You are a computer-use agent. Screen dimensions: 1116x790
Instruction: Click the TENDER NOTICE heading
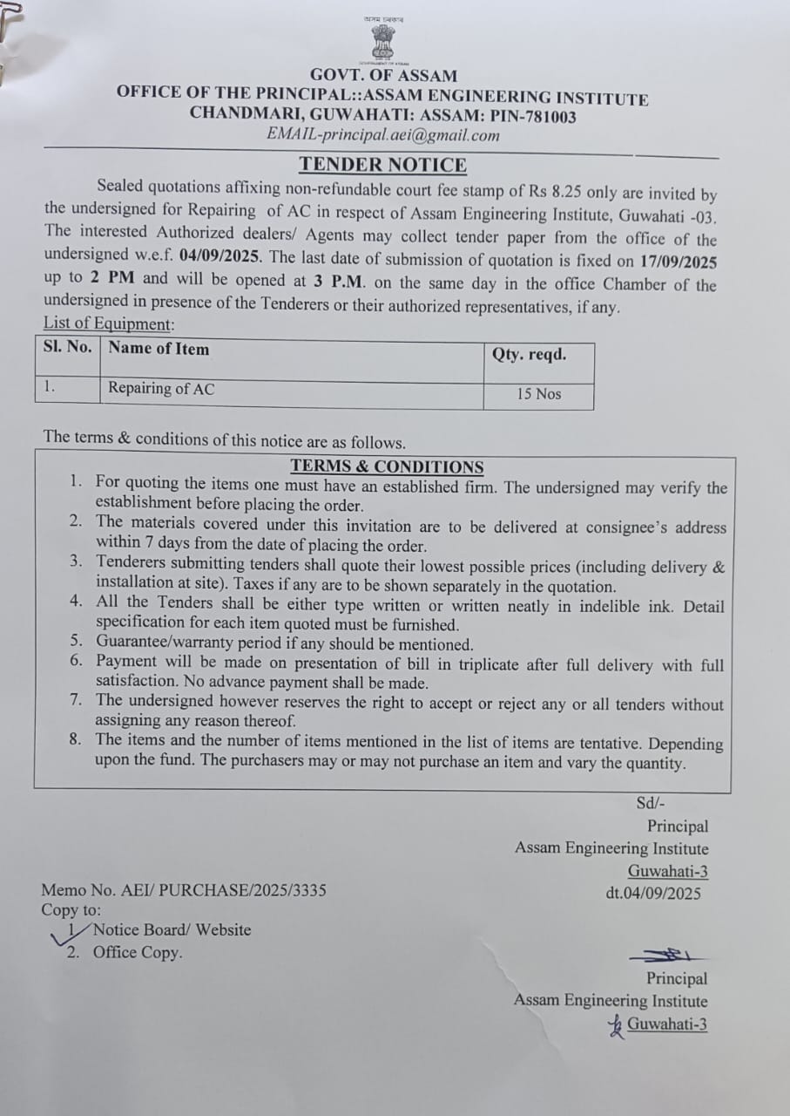click(x=383, y=165)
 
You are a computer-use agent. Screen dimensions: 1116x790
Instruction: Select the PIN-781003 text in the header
click(x=533, y=116)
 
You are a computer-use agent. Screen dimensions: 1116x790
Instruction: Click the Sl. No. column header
click(x=67, y=347)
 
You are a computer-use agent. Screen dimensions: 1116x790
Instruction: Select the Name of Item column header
click(x=159, y=349)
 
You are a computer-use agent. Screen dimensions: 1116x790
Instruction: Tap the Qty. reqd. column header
click(x=529, y=354)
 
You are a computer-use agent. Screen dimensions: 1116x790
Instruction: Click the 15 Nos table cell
click(x=539, y=394)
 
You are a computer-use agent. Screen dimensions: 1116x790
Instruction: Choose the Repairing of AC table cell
click(x=161, y=389)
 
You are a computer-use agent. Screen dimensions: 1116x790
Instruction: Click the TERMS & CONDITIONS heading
click(x=387, y=466)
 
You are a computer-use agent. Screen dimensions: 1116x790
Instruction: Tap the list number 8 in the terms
click(x=77, y=739)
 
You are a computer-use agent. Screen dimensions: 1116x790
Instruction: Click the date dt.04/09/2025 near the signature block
click(x=653, y=893)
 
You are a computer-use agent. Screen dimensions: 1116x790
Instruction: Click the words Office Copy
click(x=138, y=952)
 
